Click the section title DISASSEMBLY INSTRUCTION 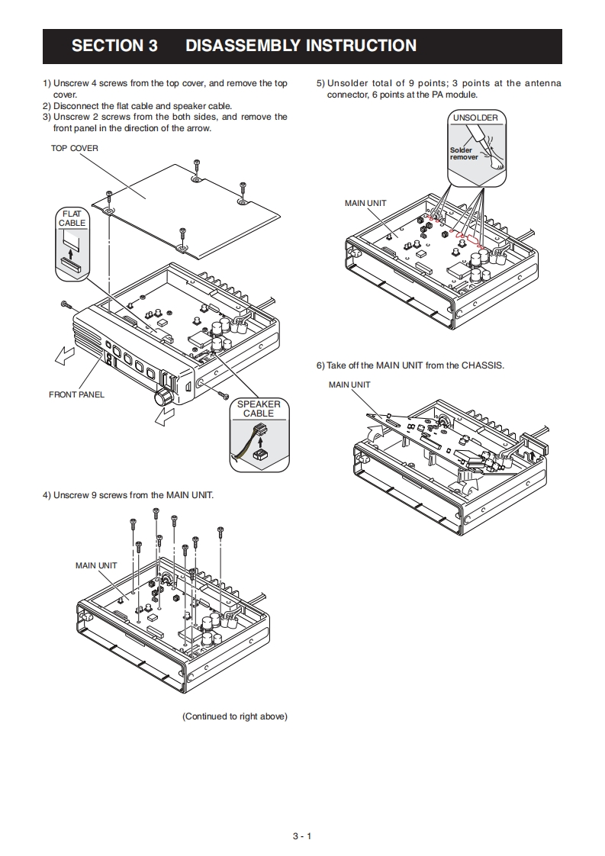[301, 45]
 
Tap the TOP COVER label [74, 148]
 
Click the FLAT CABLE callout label [72, 218]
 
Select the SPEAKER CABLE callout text [259, 409]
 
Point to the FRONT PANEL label [76, 394]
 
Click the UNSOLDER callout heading [475, 117]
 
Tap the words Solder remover [464, 153]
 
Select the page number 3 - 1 [302, 836]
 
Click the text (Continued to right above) [235, 716]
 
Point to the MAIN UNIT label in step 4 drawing [96, 565]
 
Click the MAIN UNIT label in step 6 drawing [349, 385]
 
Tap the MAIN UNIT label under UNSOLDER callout [365, 203]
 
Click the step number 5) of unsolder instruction [320, 83]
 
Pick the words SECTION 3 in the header [114, 45]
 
